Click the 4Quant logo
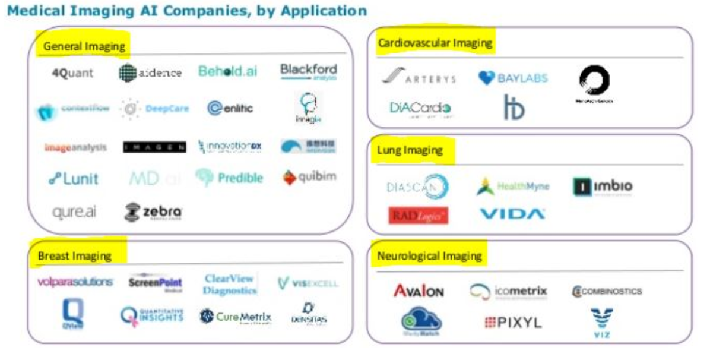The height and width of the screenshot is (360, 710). (x=72, y=73)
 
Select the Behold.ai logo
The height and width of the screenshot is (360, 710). (x=228, y=72)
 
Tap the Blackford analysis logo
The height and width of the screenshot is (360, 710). (x=308, y=72)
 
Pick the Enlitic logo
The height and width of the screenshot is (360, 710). (x=230, y=108)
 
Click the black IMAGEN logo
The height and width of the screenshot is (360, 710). (x=154, y=147)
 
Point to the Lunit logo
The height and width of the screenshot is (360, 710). (x=73, y=179)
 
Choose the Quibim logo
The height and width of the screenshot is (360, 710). (x=309, y=178)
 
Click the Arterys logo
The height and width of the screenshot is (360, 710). (x=419, y=78)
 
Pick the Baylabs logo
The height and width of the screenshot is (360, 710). (x=513, y=78)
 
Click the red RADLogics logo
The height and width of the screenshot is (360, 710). (x=419, y=216)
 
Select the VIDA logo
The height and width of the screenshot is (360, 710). (x=512, y=214)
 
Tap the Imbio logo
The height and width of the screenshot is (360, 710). (x=602, y=187)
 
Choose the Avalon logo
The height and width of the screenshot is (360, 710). (x=419, y=291)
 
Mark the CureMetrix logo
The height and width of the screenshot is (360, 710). (x=235, y=317)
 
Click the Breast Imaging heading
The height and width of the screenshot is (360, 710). (x=75, y=256)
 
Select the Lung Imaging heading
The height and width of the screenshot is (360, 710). (x=410, y=150)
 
